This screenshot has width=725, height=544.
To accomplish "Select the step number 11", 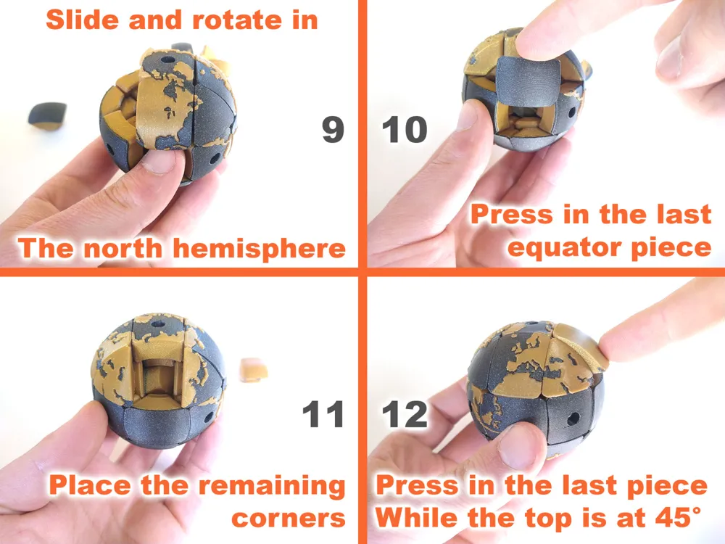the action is [323, 414].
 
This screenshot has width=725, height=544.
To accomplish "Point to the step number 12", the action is [405, 414].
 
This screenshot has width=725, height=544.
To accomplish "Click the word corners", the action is [288, 518].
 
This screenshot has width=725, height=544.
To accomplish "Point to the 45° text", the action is [677, 516].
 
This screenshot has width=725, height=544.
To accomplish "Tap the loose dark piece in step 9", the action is [47, 115].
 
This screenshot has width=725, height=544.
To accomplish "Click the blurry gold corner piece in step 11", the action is [254, 370].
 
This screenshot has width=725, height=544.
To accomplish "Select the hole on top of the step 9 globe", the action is [167, 59].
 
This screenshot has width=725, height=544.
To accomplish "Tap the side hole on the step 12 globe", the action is [573, 419].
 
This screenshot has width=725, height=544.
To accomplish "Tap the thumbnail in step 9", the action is [159, 161].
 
